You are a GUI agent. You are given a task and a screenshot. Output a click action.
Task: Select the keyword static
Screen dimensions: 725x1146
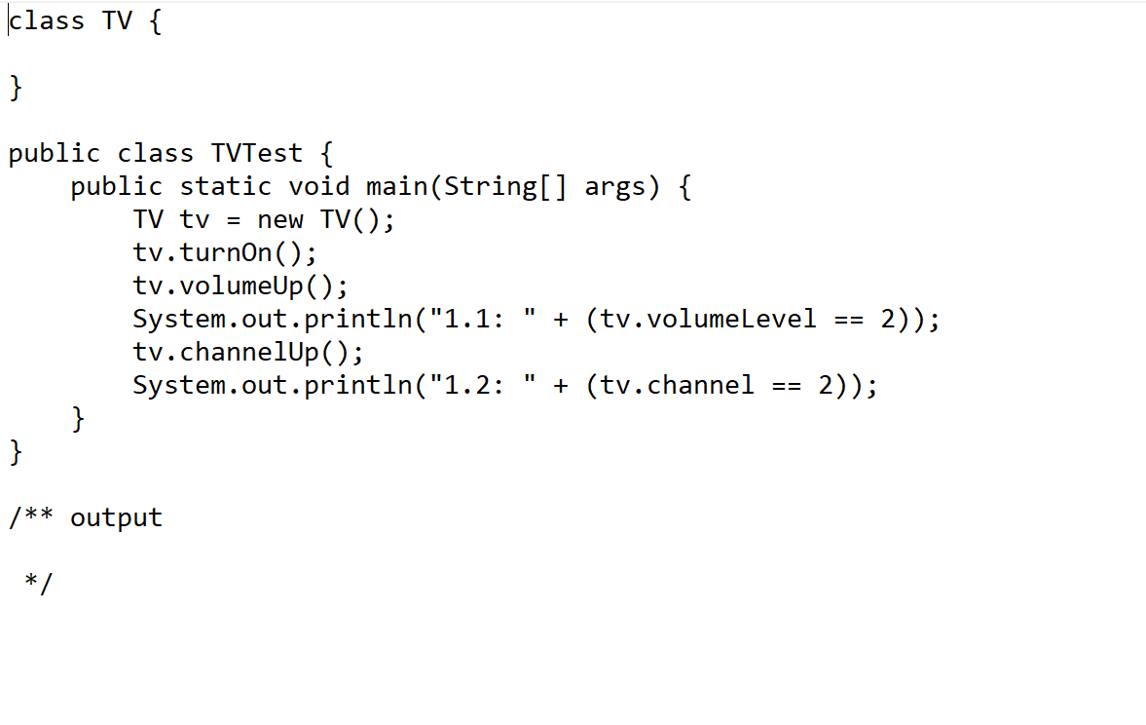tap(225, 187)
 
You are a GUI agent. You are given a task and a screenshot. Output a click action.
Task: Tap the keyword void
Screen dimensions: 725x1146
tap(318, 187)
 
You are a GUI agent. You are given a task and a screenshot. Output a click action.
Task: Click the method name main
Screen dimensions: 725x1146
tap(396, 187)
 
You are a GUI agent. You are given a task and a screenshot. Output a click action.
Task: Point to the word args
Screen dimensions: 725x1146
tap(615, 187)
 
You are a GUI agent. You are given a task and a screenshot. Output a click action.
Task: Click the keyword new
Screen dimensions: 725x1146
tap(279, 220)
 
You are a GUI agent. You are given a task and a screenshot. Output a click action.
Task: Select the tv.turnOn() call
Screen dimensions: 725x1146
tap(225, 253)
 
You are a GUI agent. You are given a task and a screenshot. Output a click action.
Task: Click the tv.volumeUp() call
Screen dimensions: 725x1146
tap(240, 286)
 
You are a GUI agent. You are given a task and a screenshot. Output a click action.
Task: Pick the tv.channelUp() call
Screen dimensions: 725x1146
tap(248, 352)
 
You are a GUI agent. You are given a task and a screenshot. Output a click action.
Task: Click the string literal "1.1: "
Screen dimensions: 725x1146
tap(483, 320)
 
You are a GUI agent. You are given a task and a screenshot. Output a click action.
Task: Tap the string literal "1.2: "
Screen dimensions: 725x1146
tap(483, 385)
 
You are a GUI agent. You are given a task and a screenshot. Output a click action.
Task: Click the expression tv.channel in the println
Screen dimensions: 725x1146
tap(677, 385)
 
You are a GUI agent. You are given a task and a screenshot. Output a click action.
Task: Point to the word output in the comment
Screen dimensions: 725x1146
tap(117, 517)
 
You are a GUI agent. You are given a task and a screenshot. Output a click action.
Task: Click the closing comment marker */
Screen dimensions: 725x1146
tap(39, 583)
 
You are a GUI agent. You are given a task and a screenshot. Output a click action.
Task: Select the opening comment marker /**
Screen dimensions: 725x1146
tap(31, 517)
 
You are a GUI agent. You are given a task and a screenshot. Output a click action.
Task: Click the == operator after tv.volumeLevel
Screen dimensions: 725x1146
tap(849, 320)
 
